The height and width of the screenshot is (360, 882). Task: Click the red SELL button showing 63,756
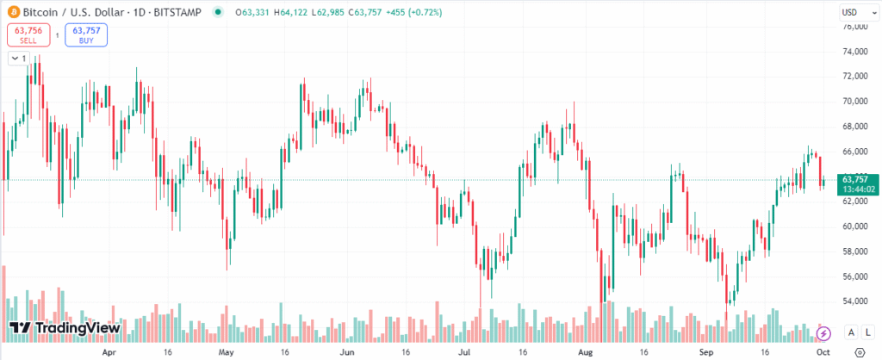tap(28, 34)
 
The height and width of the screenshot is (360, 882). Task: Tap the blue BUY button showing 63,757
tap(86, 34)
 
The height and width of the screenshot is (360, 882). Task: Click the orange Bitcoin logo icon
tap(12, 11)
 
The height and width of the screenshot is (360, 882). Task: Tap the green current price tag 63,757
tap(856, 184)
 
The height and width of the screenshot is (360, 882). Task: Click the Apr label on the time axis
tap(109, 352)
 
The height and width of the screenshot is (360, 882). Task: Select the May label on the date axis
tap(226, 352)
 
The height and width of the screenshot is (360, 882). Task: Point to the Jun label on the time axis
tap(347, 352)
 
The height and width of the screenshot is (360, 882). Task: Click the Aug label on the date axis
tap(587, 352)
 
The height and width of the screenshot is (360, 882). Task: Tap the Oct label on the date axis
tap(823, 352)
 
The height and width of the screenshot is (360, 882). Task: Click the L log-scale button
tap(867, 333)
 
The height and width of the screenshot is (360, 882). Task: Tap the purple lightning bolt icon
tap(823, 333)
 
